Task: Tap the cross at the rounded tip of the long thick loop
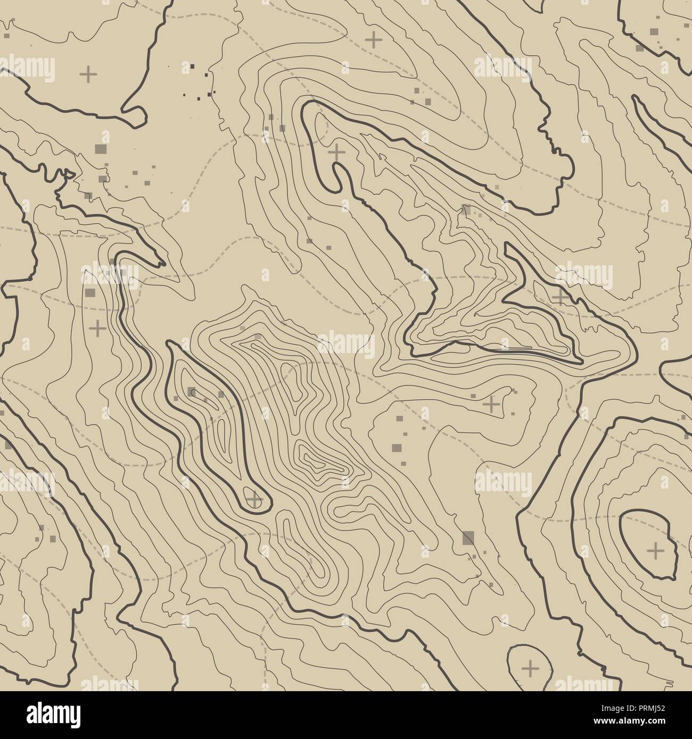click(x=254, y=499)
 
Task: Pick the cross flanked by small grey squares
click(x=491, y=404)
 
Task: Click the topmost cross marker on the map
click(x=374, y=39)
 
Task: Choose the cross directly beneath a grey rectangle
click(x=97, y=328)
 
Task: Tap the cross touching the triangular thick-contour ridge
click(x=559, y=296)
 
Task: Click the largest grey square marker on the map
click(x=468, y=538)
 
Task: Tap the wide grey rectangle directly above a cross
click(x=89, y=292)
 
